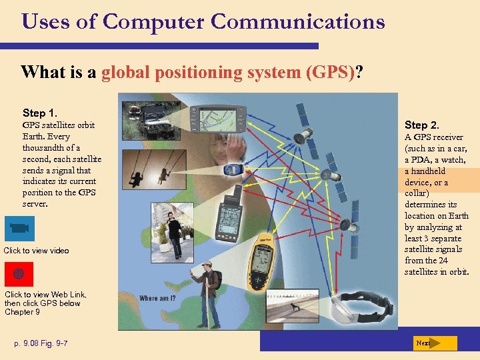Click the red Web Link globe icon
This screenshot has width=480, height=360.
tap(19, 273)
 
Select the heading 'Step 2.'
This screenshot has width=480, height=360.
tap(422, 125)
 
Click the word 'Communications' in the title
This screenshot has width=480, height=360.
tap(298, 21)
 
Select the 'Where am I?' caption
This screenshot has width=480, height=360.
tap(157, 298)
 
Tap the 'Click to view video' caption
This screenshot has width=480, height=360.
tap(36, 251)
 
